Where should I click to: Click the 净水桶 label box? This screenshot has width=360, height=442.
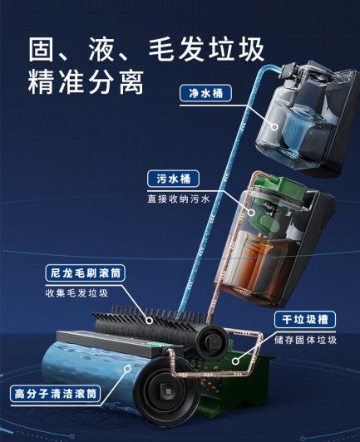(x=205, y=93)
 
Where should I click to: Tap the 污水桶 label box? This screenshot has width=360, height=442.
(x=173, y=179)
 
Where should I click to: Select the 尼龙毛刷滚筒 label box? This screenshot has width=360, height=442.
(x=85, y=273)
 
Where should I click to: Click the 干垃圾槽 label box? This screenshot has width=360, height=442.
(x=305, y=319)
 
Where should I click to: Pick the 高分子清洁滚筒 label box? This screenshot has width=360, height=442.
(x=56, y=394)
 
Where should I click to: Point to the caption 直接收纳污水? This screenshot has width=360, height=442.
(x=179, y=199)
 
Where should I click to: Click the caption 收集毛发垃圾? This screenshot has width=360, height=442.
(x=76, y=293)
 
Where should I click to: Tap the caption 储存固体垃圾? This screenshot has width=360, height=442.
(x=306, y=340)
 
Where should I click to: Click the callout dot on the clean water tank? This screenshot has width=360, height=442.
(x=274, y=126)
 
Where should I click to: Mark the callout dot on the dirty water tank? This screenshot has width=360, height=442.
(x=251, y=212)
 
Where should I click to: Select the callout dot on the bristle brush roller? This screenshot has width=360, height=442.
(x=150, y=321)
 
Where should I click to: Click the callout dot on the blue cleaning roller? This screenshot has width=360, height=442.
(x=128, y=368)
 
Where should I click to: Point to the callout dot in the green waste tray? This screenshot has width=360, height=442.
(x=235, y=361)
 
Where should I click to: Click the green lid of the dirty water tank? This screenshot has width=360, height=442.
(x=285, y=191)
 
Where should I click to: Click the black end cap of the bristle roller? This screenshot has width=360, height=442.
(x=212, y=342)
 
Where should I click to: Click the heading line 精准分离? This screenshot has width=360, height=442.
(x=86, y=82)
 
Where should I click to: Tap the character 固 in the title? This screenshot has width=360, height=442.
(x=42, y=50)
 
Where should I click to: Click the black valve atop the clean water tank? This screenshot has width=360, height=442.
(x=292, y=70)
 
